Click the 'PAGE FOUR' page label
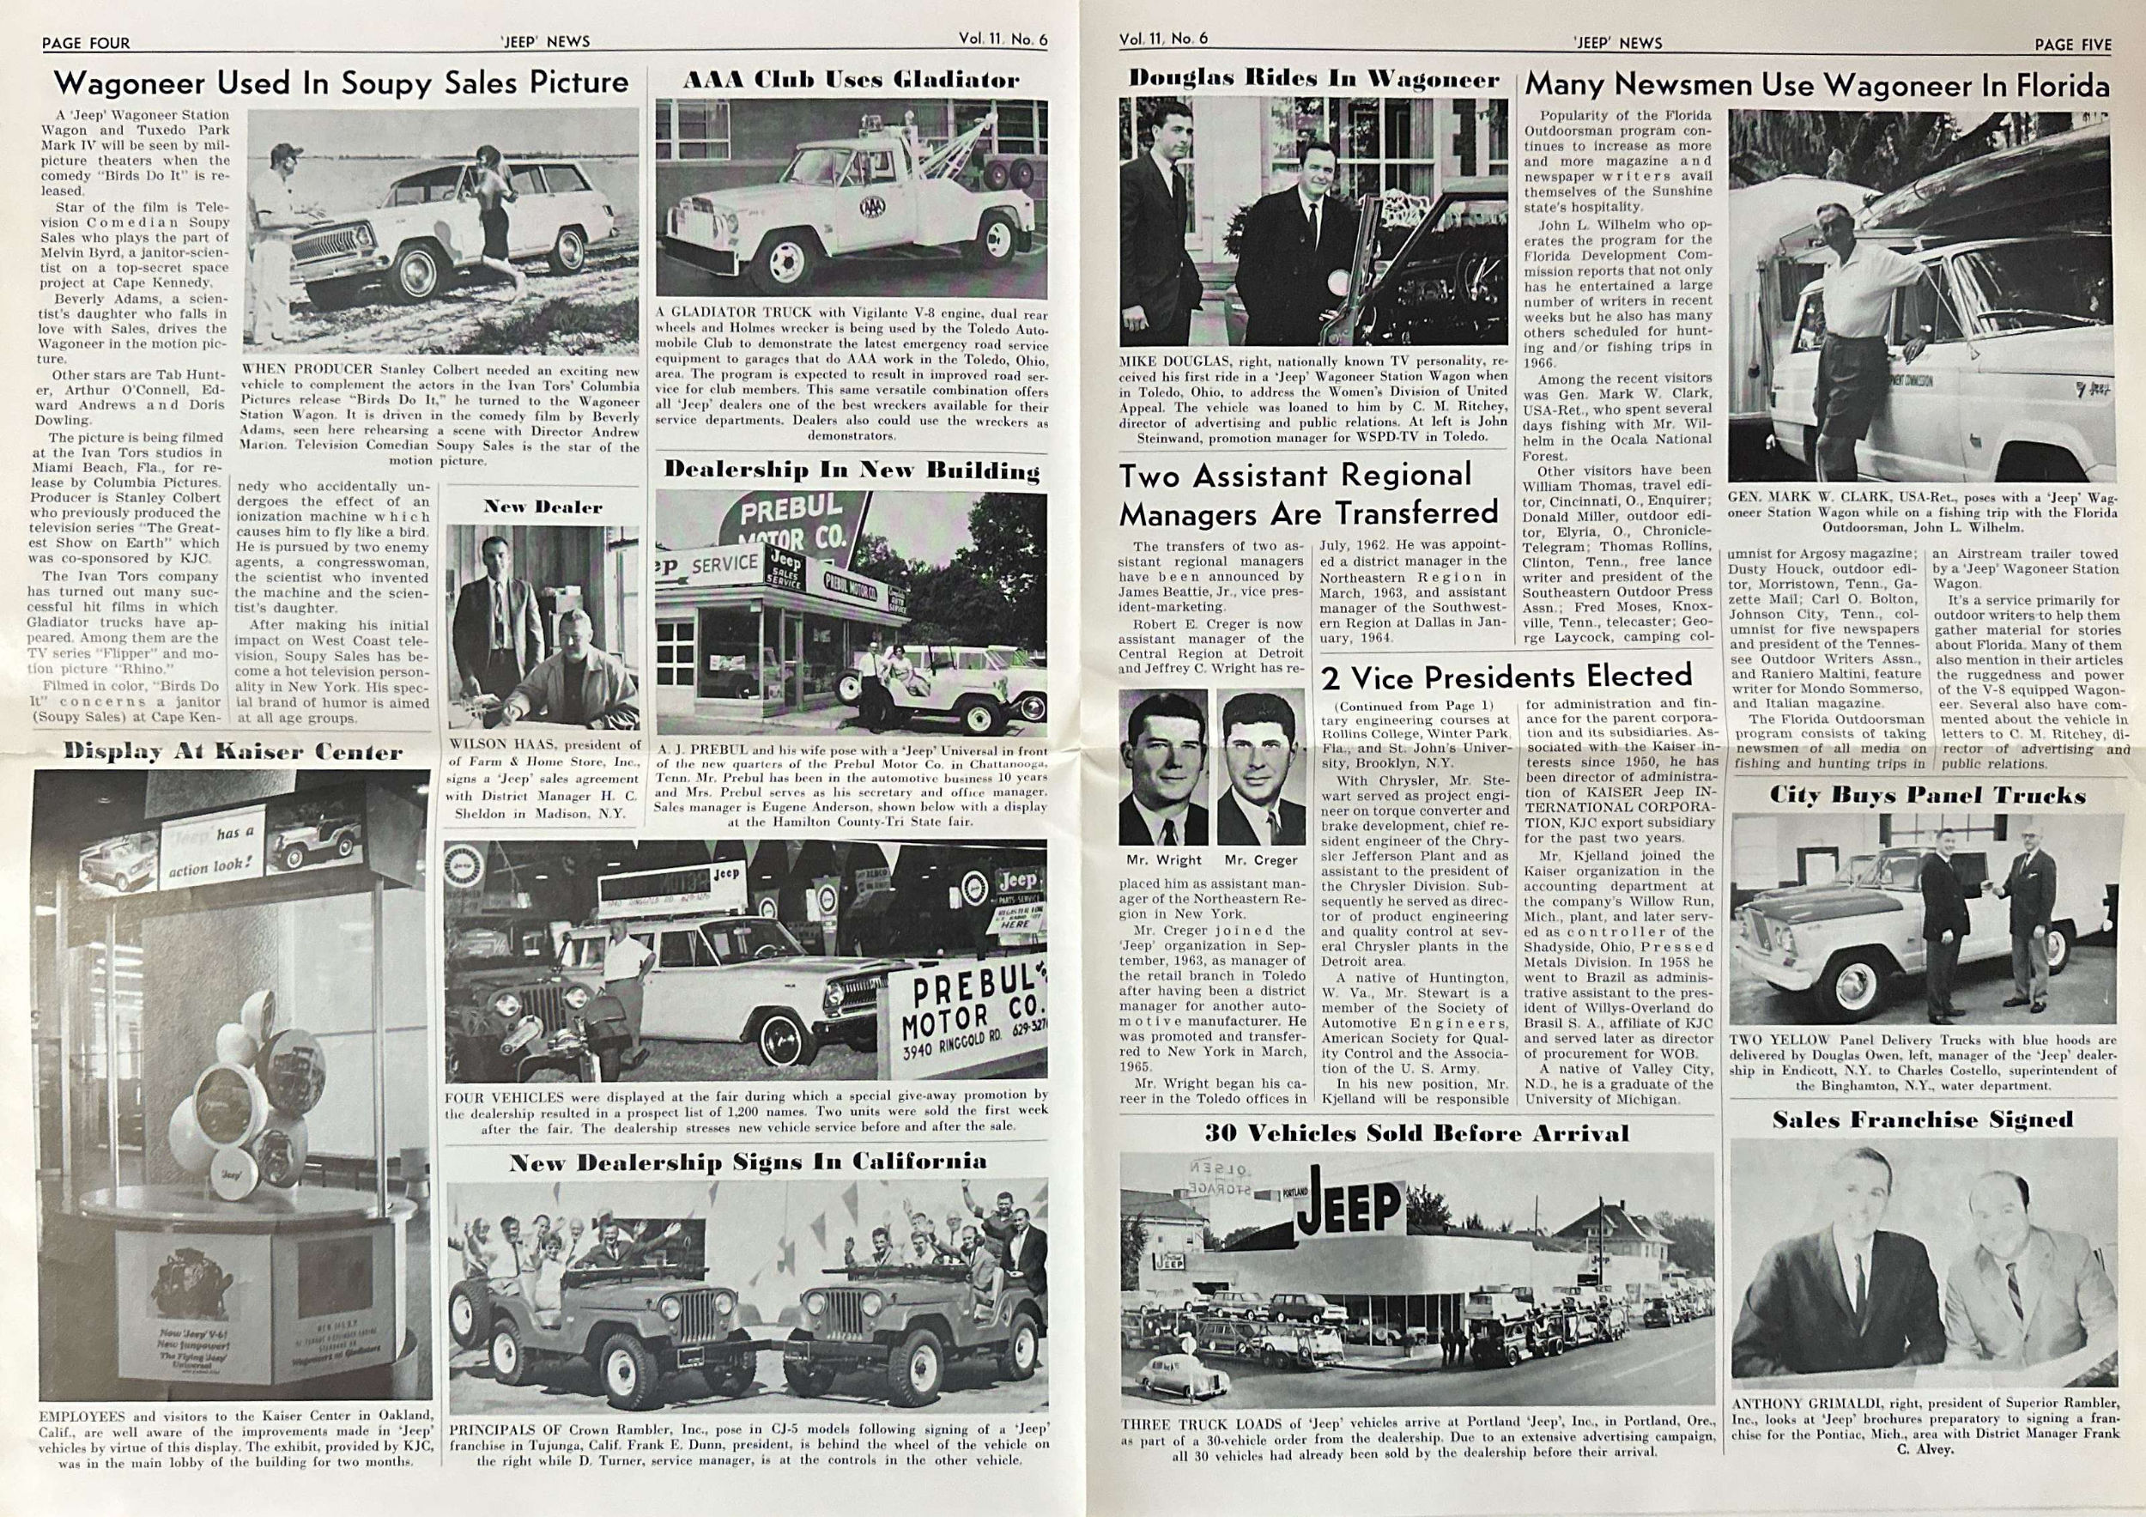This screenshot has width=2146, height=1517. (x=85, y=42)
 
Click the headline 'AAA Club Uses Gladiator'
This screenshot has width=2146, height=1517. (x=851, y=81)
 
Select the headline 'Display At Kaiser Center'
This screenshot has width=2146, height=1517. (x=233, y=751)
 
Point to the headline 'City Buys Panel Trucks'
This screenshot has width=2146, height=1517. (x=1927, y=796)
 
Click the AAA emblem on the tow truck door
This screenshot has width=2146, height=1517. (x=875, y=206)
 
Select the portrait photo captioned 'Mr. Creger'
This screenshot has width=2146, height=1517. (x=1261, y=768)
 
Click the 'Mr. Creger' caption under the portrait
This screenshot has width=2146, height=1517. (x=1261, y=860)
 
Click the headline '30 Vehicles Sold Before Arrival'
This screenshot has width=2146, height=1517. (x=1416, y=1134)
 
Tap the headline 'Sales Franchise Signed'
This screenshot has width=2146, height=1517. (x=1923, y=1120)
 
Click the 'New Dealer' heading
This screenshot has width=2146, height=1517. (x=543, y=507)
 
